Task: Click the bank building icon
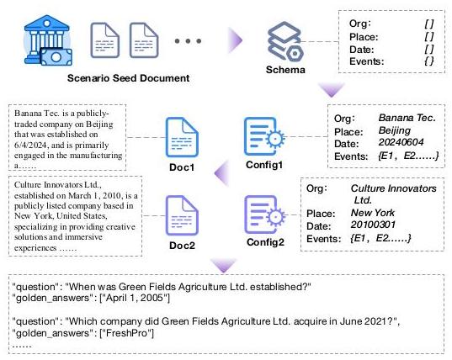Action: (48, 40)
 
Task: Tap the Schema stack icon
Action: (285, 41)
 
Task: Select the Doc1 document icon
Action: (182, 137)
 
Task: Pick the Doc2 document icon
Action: (182, 215)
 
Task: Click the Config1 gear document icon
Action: (264, 136)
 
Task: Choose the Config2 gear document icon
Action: (265, 214)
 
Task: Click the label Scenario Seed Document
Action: (128, 78)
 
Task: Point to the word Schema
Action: (285, 70)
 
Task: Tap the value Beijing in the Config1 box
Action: (395, 130)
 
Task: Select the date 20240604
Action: (401, 142)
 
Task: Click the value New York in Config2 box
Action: (372, 213)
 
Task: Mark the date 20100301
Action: (373, 225)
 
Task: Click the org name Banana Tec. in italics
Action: (407, 118)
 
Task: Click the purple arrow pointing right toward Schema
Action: (235, 40)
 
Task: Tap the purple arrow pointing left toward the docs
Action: (221, 173)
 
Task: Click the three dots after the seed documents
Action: (188, 41)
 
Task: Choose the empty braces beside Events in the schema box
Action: (429, 61)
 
